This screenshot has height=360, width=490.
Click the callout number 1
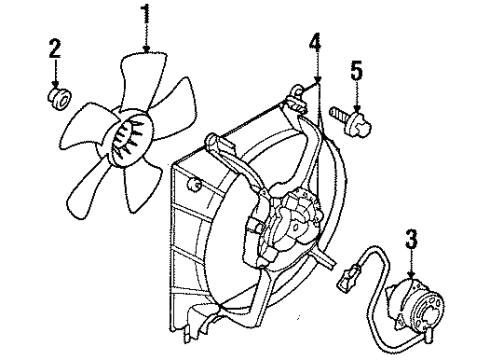tap(147, 14)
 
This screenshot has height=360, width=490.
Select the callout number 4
tap(316, 42)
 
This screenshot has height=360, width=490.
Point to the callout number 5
tap(356, 70)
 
